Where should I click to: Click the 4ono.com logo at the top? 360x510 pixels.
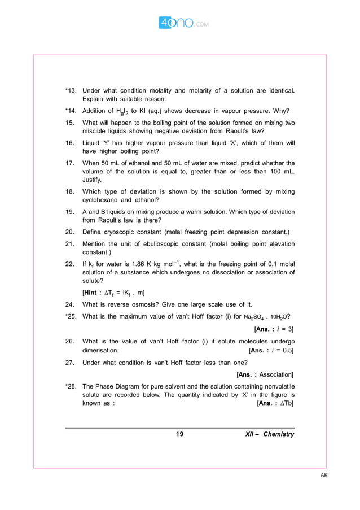[179, 23]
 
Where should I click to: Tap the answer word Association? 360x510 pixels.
[275, 374]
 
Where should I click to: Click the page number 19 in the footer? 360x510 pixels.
[179, 434]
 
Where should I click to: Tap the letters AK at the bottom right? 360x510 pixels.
[324, 475]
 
